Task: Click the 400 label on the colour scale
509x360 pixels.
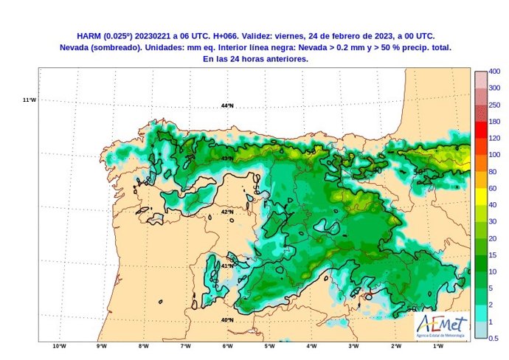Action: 495,72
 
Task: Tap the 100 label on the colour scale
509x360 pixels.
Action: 494,155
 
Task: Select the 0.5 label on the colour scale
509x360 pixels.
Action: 494,339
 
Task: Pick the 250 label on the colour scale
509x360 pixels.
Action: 494,105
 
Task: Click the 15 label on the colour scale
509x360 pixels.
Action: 493,255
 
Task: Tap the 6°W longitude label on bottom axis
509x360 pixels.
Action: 227,346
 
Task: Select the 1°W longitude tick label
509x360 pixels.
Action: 437,346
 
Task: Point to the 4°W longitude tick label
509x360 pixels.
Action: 311,346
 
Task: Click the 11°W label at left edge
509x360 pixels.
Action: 30,100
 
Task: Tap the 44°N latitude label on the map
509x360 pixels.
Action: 227,105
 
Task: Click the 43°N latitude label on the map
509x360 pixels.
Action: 227,158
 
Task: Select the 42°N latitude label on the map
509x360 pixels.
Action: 227,212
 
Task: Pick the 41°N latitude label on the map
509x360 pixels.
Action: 227,266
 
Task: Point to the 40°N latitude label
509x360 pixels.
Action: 227,320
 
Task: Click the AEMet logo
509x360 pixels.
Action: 441,324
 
